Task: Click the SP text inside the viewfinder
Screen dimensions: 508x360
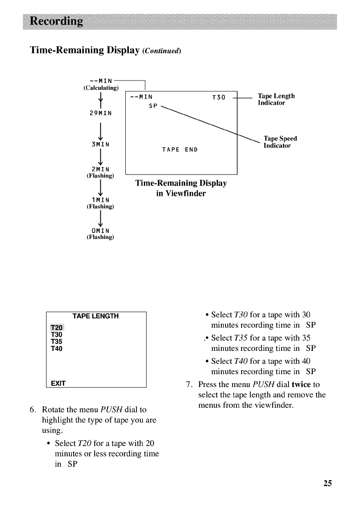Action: [x=152, y=106]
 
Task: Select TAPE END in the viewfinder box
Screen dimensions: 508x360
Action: [x=180, y=150]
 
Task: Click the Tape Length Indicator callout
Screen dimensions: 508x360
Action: [x=276, y=99]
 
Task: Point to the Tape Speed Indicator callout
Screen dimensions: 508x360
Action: [x=280, y=142]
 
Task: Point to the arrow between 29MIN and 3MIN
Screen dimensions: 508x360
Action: [x=100, y=129]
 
